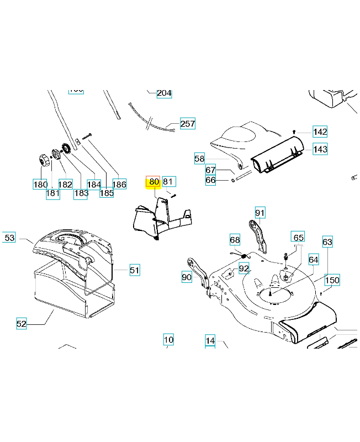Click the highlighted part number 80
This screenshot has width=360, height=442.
(153, 182)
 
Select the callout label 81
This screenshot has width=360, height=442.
(169, 181)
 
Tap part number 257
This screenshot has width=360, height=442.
(188, 123)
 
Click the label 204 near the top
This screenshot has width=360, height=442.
(164, 93)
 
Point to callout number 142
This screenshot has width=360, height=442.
(320, 131)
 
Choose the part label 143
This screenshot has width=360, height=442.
(320, 149)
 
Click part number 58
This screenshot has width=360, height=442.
(199, 159)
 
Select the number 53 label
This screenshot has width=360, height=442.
(9, 238)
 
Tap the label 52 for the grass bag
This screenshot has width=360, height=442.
(21, 324)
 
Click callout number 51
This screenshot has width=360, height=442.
(135, 270)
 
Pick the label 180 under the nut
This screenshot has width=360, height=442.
(40, 184)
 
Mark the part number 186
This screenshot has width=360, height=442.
(119, 184)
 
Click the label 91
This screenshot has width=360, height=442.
(260, 213)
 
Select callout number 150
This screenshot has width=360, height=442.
(332, 280)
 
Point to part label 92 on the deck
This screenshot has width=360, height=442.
(244, 268)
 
